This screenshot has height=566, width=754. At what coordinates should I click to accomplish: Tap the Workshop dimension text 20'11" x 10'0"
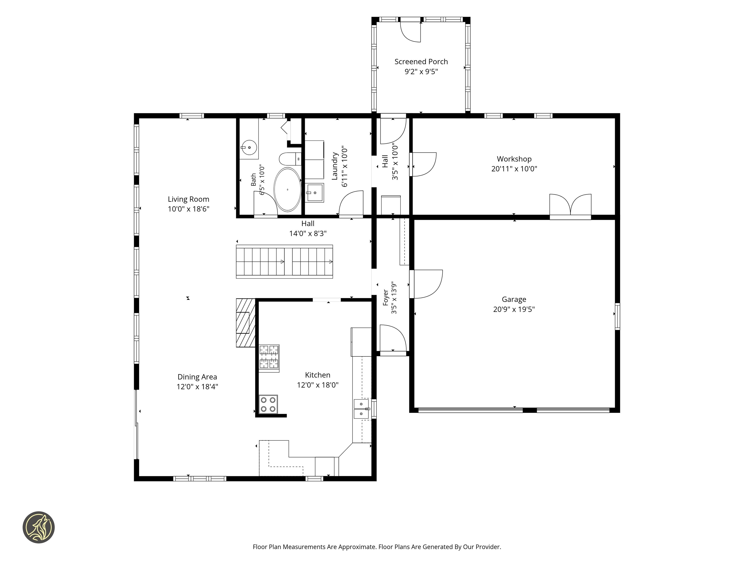point(514,169)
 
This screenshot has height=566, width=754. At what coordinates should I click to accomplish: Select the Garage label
point(514,299)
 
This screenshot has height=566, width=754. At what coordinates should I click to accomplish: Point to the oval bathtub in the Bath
point(288,189)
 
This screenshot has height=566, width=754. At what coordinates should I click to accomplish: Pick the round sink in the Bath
point(249,147)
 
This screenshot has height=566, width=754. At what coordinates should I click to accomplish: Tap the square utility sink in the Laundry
point(314,193)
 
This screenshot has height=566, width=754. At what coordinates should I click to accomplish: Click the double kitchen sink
point(361,409)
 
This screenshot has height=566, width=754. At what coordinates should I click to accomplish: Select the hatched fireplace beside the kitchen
point(246,323)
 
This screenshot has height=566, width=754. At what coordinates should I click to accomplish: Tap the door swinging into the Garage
point(426,284)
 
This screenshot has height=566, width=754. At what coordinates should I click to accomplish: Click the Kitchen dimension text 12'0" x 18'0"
point(317,385)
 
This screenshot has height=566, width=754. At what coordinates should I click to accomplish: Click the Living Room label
point(188,199)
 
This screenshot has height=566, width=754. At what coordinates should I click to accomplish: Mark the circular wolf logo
point(39,527)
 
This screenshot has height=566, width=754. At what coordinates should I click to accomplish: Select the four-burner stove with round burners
point(268,404)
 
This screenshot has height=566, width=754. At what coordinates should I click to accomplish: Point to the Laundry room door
point(351,204)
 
